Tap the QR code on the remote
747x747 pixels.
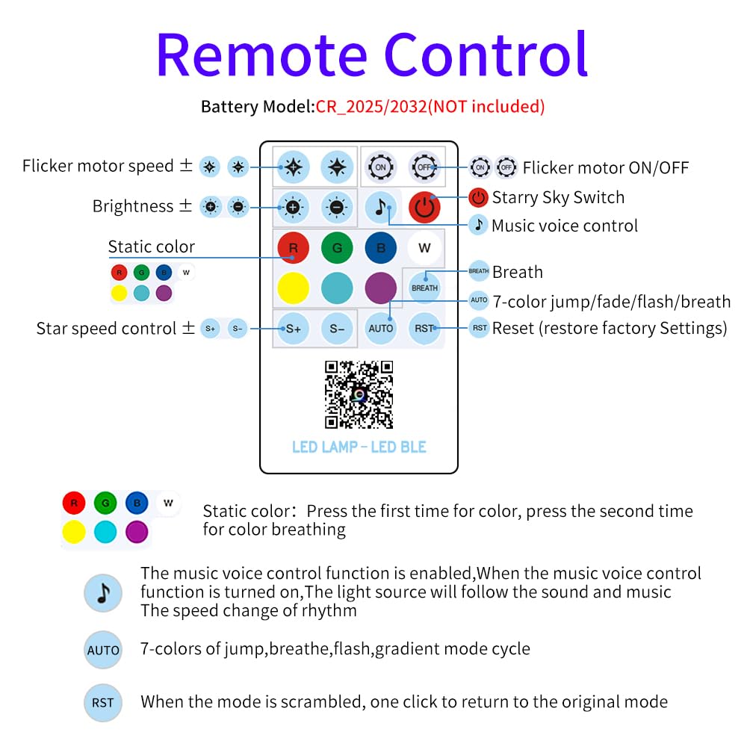[x=359, y=394]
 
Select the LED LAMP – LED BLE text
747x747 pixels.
[x=359, y=447]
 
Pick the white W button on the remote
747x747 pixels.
[x=424, y=248]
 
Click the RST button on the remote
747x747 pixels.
[x=424, y=328]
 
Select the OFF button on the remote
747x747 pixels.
[x=424, y=167]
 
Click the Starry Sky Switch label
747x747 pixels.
[x=557, y=197]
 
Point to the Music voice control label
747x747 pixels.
[x=564, y=226]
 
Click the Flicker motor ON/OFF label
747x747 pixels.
[x=605, y=167]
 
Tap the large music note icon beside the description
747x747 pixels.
[x=103, y=592]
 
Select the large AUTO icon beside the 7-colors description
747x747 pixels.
[x=103, y=650]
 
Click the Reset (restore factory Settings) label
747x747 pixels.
[x=609, y=328]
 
